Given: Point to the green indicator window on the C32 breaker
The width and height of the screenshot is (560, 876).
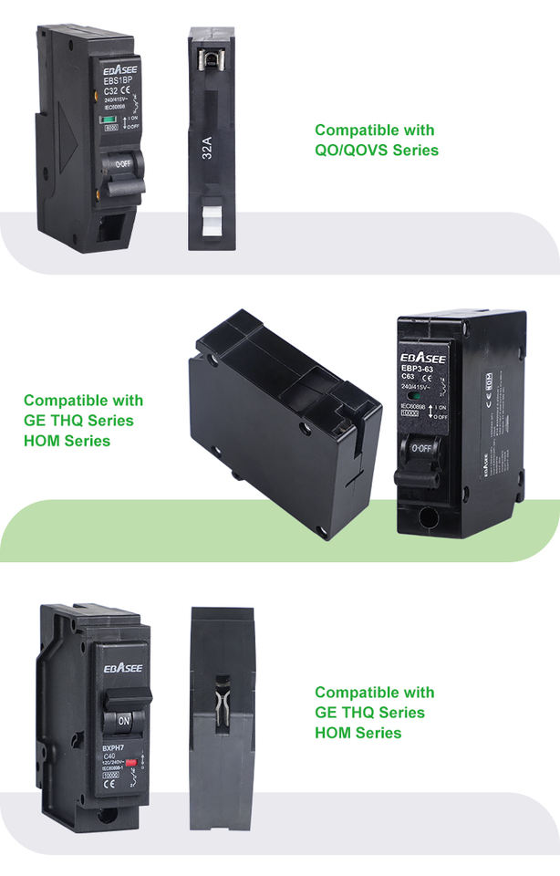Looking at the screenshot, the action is click(109, 120).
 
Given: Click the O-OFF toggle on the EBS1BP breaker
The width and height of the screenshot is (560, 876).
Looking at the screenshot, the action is click(120, 163).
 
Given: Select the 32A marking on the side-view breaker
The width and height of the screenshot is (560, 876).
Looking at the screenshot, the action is click(206, 146).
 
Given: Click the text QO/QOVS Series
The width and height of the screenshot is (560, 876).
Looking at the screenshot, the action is click(377, 150).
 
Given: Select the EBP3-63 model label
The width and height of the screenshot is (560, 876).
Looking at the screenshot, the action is click(421, 369).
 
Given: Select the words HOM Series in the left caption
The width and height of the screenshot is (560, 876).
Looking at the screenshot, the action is click(67, 441).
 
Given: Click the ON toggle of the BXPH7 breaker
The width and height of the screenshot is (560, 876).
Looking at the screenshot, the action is click(124, 720).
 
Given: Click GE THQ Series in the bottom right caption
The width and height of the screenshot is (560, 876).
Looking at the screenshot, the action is click(369, 712).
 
